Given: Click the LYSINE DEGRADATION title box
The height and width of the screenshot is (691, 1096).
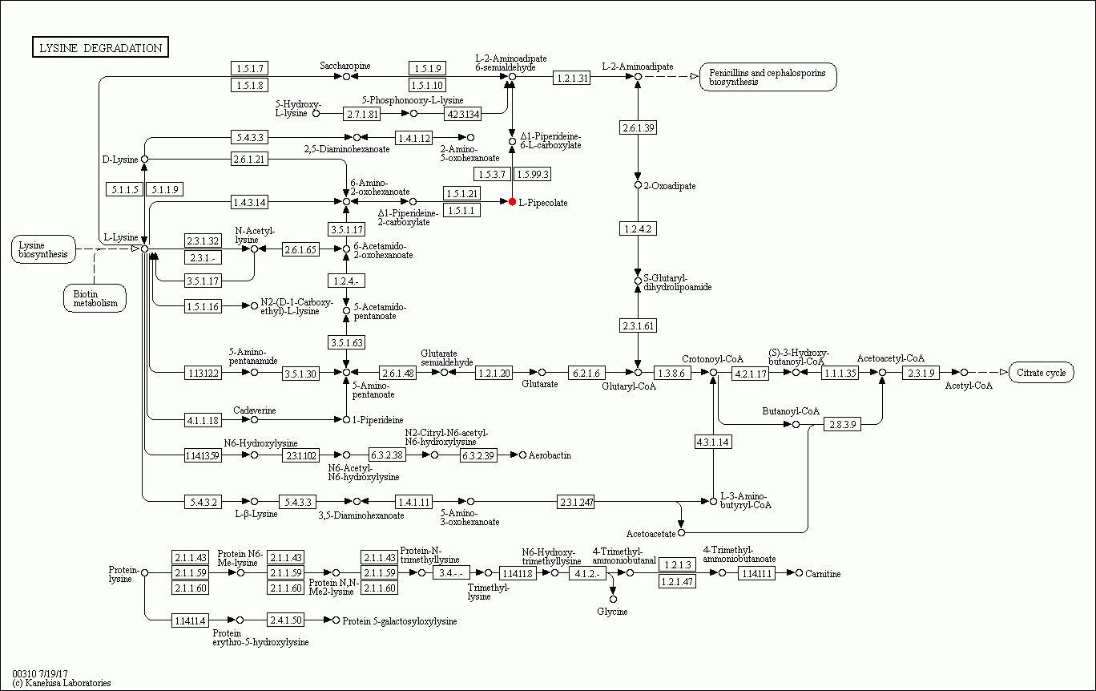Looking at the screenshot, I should click(x=100, y=48).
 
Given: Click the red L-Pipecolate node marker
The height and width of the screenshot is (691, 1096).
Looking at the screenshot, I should click(x=512, y=202).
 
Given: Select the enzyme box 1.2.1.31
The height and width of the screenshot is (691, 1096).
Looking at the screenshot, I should click(x=572, y=78).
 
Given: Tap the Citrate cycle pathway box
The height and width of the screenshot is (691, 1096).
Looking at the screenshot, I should click(x=1042, y=373).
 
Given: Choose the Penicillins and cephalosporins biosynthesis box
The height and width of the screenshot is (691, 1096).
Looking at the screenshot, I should click(x=768, y=77).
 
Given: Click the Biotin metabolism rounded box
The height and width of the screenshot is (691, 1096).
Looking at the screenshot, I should click(x=95, y=298).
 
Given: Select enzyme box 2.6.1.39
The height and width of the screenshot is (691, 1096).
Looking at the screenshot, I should click(x=638, y=127).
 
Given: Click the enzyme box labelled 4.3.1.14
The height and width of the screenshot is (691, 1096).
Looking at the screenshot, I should click(x=712, y=442).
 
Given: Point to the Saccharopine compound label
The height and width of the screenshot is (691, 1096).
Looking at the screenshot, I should click(x=345, y=66).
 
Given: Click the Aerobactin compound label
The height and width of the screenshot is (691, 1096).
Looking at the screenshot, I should click(x=550, y=455).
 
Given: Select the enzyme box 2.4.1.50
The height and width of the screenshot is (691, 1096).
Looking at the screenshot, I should click(x=286, y=620).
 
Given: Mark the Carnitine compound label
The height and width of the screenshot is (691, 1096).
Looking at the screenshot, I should click(x=823, y=573).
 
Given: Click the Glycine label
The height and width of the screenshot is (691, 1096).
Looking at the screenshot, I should click(x=612, y=612).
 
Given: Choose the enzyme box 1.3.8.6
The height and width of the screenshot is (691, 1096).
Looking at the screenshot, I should click(x=672, y=373).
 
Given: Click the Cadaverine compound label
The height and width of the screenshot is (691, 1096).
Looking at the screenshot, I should click(x=254, y=410).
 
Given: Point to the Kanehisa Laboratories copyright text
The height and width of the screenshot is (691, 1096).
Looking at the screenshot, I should click(x=62, y=683).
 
